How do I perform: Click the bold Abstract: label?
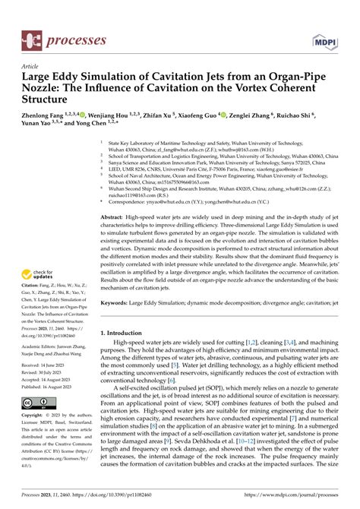pos(114,217)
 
